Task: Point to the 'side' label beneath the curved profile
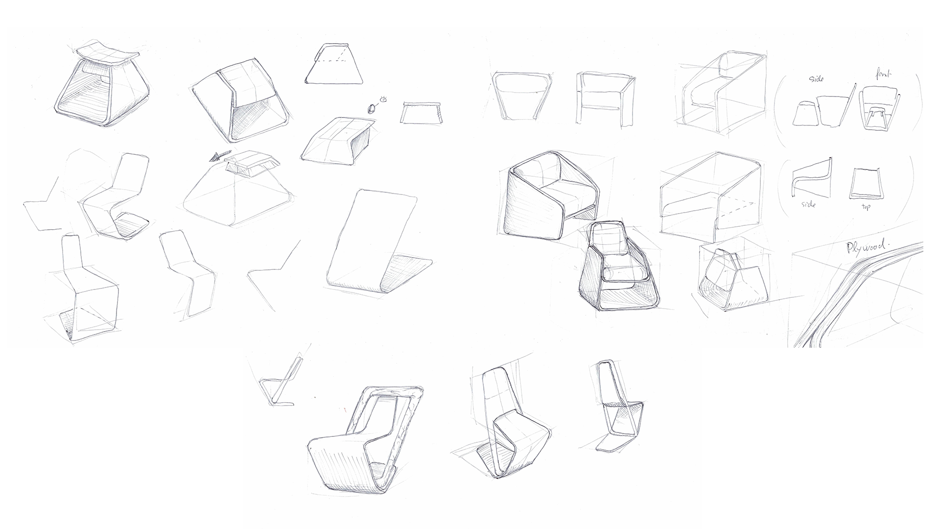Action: pyautogui.click(x=808, y=204)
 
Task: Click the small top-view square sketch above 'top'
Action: pyautogui.click(x=865, y=184)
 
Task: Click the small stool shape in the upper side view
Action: pyautogui.click(x=804, y=115)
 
